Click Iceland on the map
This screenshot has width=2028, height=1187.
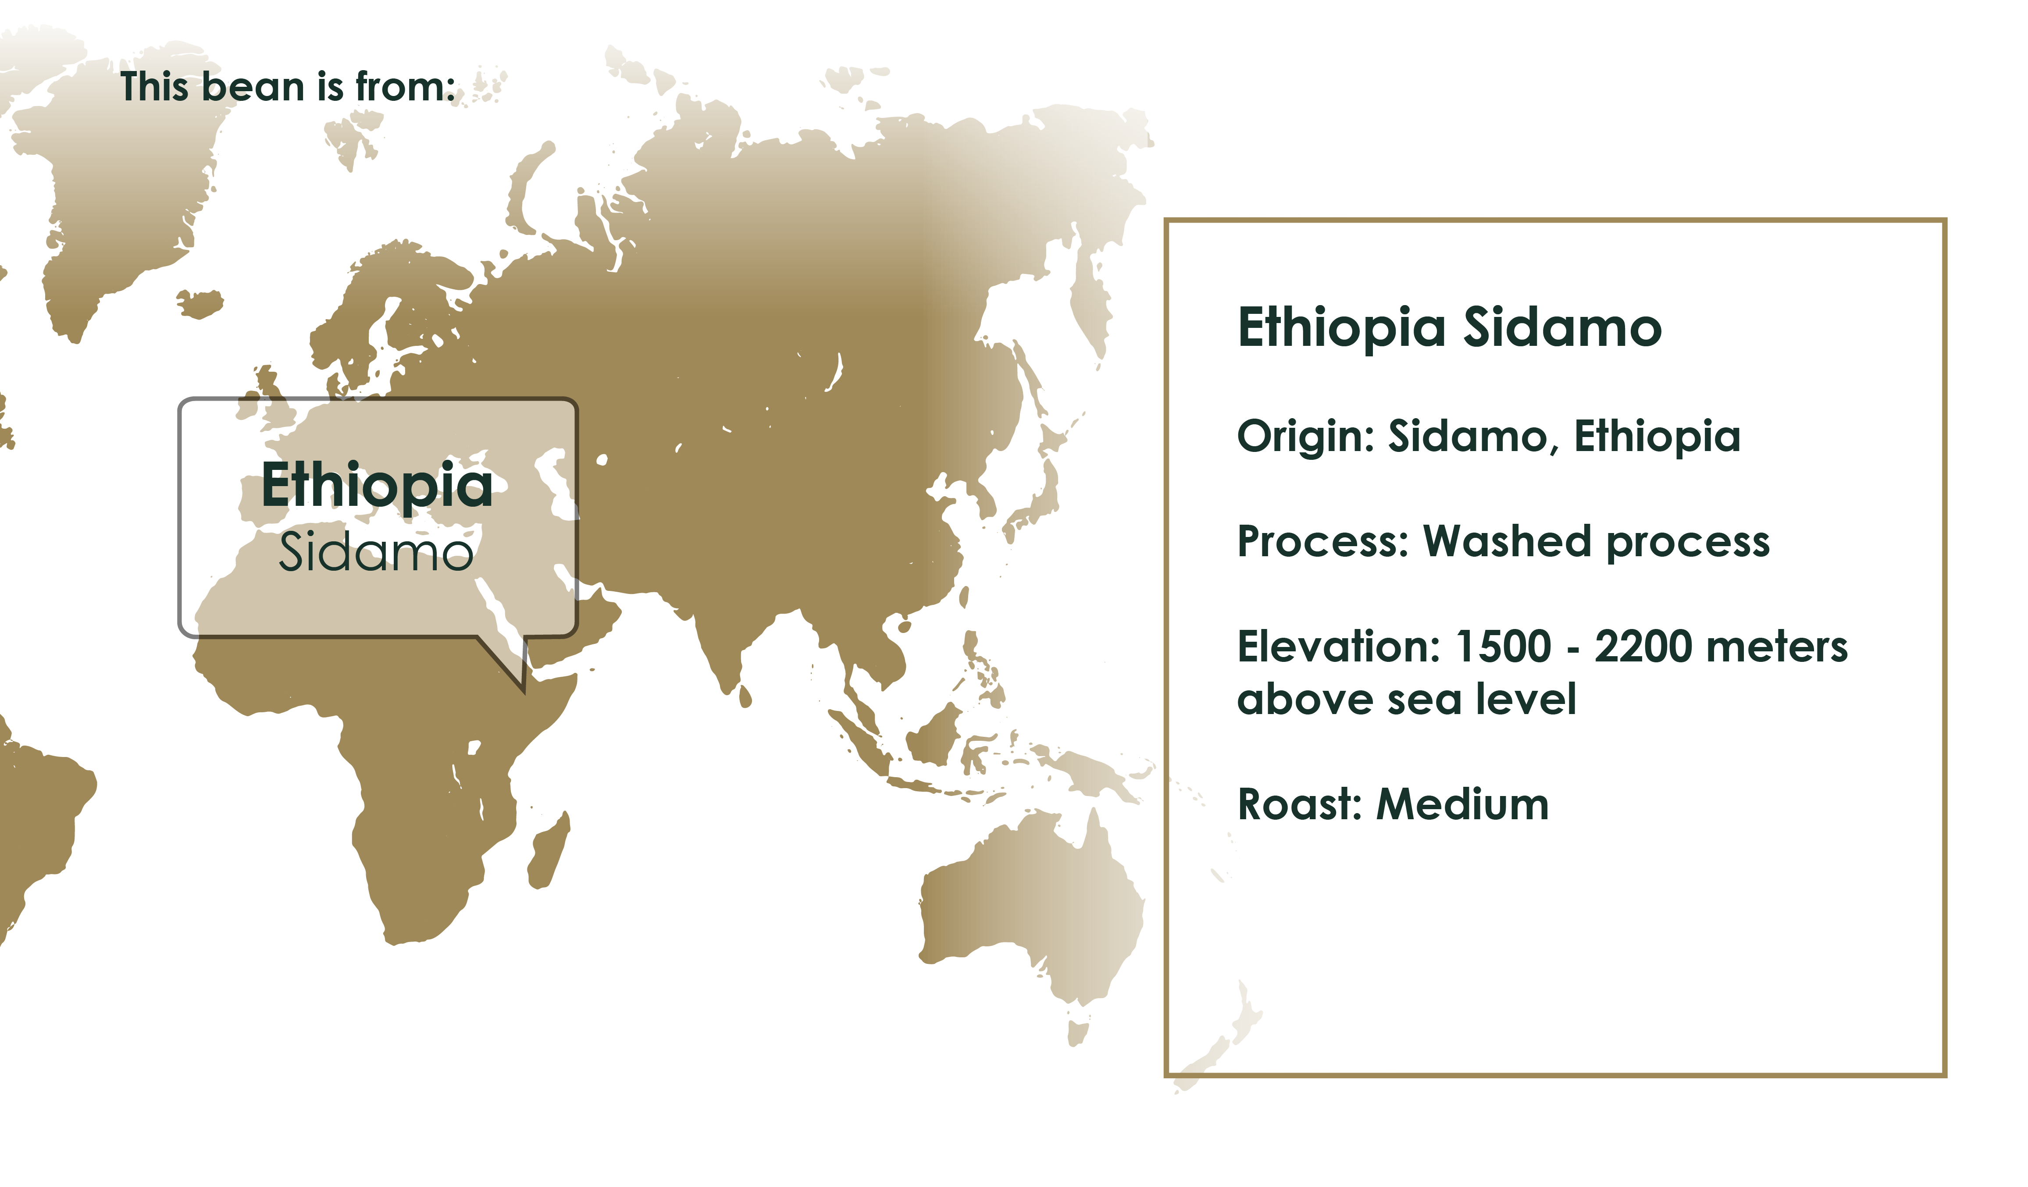click(200, 303)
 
